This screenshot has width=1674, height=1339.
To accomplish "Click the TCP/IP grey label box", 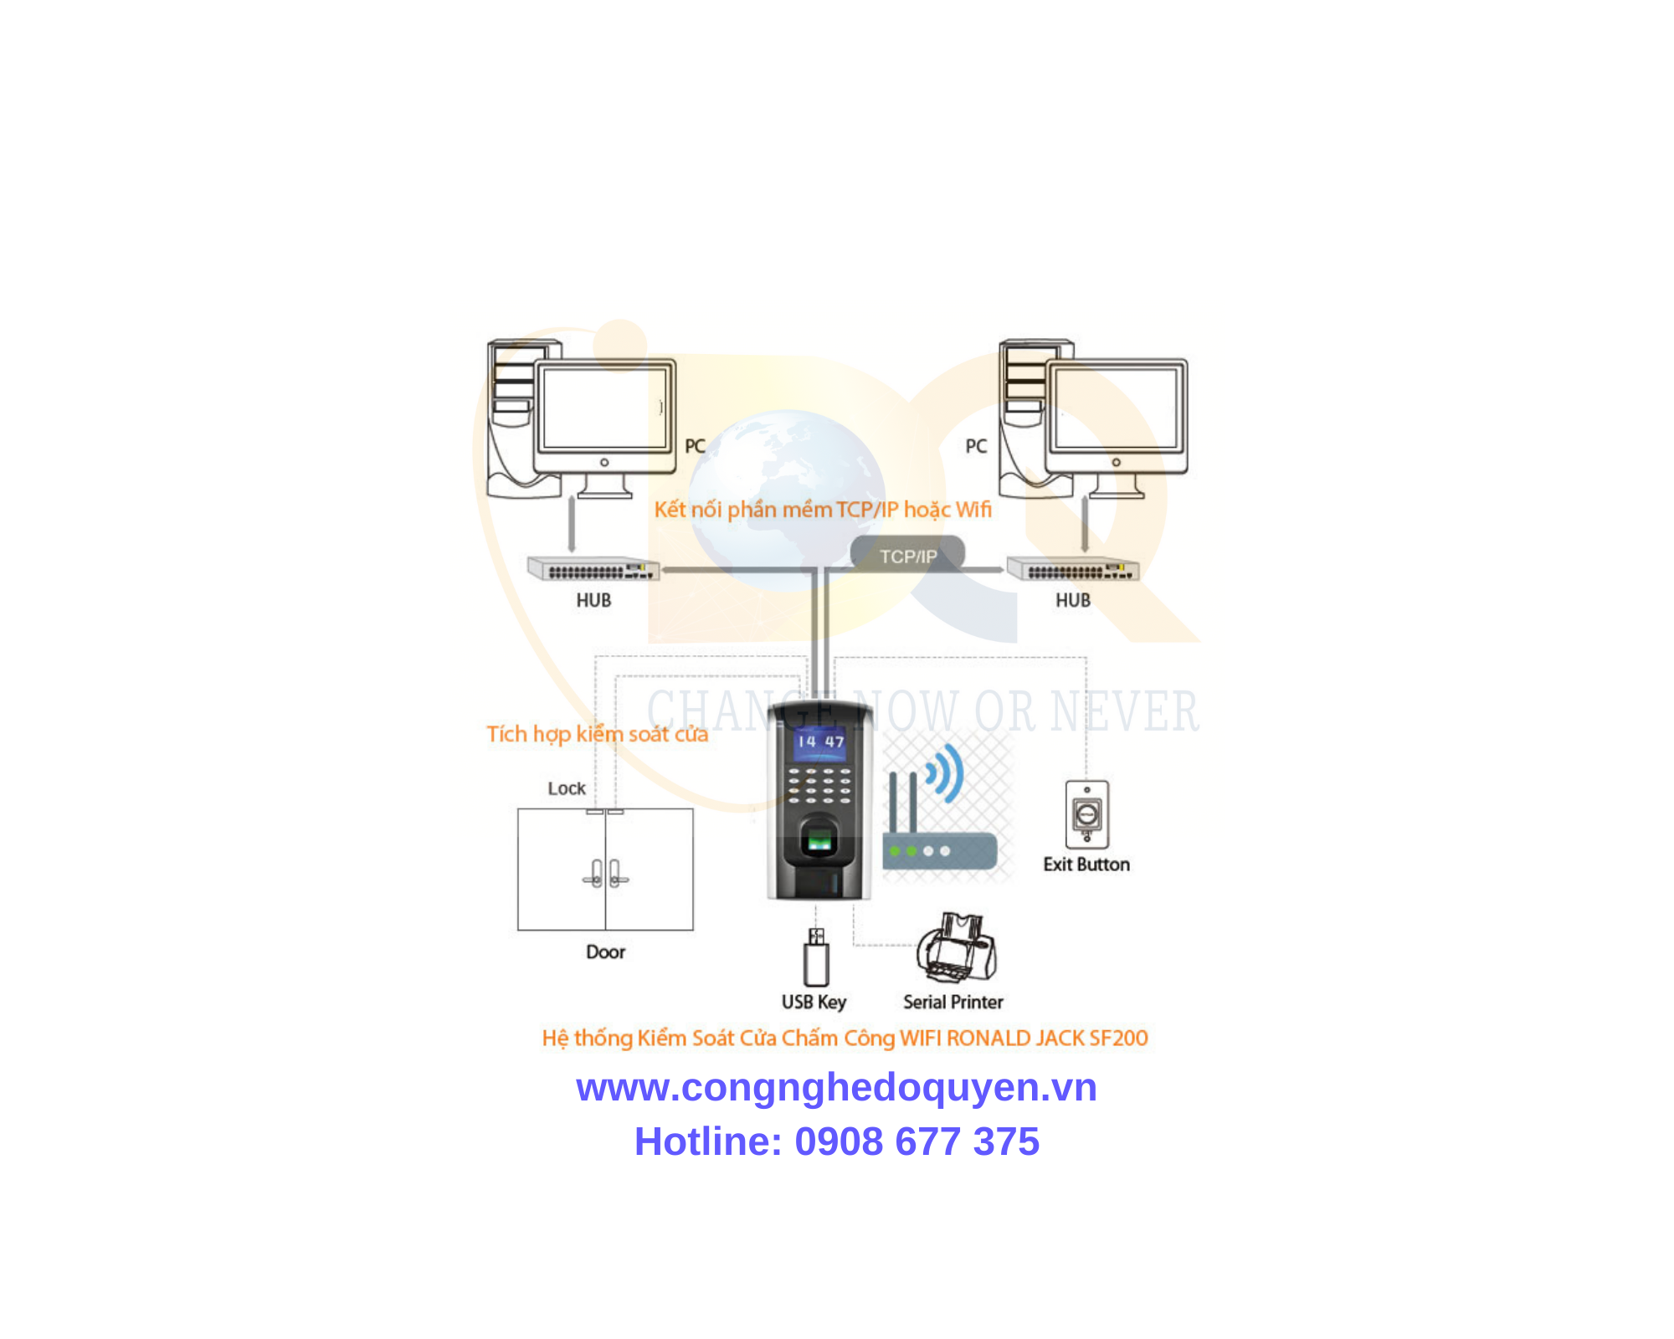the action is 907,556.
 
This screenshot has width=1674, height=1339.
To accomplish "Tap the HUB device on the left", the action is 593,569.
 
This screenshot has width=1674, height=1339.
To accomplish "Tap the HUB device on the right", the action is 1073,569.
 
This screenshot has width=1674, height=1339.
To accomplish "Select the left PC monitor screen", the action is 604,408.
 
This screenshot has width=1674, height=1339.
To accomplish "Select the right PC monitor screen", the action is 1116,408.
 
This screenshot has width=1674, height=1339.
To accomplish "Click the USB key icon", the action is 816,957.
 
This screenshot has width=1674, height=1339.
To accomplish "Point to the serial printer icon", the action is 956,947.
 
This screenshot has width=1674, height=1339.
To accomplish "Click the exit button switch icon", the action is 1086,814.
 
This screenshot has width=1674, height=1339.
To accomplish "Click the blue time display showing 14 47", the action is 819,742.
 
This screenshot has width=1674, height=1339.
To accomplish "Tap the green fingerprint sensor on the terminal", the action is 819,839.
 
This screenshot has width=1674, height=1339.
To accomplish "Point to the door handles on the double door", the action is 605,874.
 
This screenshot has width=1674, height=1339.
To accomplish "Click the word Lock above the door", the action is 567,788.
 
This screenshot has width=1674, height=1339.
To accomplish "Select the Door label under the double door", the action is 605,952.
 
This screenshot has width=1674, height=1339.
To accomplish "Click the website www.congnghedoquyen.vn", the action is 836,1087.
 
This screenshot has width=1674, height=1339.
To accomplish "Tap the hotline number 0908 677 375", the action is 917,1141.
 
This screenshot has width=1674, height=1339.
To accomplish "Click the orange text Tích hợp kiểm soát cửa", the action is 598,734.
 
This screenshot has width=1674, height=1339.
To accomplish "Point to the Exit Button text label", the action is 1086,864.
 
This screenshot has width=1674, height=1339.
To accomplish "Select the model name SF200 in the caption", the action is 1119,1038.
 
